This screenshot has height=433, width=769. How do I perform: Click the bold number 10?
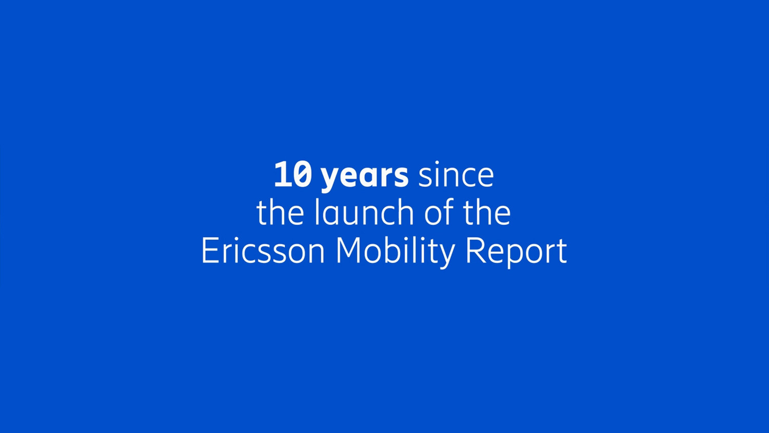(292, 175)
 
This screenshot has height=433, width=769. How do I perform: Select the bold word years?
(365, 176)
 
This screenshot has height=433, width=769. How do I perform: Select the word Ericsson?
(263, 251)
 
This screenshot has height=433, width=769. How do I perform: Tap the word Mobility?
(395, 252)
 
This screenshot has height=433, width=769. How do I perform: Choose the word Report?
(516, 252)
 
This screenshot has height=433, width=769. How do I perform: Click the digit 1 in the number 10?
(282, 175)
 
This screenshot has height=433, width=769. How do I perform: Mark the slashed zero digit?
(303, 175)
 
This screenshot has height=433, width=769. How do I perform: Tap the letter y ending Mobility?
(447, 254)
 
